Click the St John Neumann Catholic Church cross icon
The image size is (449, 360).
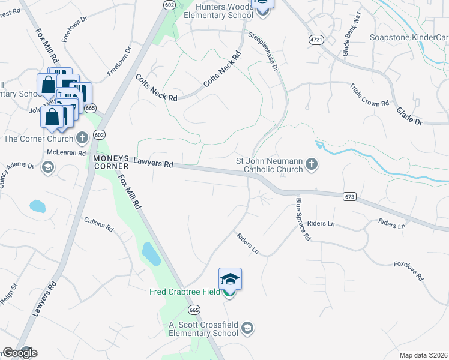point(311,164)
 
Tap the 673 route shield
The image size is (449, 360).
point(350,196)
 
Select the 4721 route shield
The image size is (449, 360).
point(316,39)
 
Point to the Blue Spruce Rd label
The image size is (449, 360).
point(303,220)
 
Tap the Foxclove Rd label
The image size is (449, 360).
point(408,271)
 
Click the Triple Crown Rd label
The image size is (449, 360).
point(369,95)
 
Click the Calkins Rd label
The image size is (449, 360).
point(99,225)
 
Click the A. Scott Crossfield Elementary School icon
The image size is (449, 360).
point(247,328)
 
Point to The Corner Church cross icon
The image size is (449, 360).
point(82,139)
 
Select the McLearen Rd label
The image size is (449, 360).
point(64,152)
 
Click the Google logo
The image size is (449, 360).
point(20,353)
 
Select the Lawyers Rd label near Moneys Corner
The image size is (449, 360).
point(153,163)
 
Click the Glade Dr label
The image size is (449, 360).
point(409,116)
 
